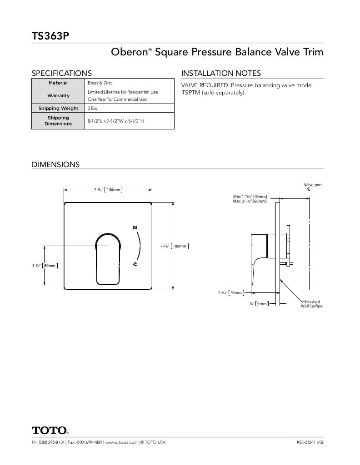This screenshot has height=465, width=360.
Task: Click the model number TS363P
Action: (50, 36)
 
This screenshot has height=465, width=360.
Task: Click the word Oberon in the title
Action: (129, 52)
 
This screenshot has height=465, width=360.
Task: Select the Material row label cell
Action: (58, 83)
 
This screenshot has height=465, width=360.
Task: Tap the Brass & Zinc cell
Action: (100, 83)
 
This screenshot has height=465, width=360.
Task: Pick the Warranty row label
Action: (58, 96)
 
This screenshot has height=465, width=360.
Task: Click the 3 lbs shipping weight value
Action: (92, 109)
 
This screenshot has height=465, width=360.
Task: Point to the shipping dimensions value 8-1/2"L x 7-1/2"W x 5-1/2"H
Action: (116, 121)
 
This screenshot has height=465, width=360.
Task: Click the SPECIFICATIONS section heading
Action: (61, 73)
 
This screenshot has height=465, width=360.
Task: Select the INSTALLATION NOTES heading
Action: (221, 73)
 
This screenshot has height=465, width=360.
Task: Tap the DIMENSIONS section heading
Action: (55, 164)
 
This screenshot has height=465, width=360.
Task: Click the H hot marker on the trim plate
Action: (135, 227)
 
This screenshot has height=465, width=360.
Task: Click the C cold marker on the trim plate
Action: (135, 264)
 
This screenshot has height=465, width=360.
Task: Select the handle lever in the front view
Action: (108, 259)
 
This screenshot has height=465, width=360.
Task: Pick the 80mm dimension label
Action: (50, 266)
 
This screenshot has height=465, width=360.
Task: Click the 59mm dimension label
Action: (235, 293)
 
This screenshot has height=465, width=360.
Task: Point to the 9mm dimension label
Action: (261, 304)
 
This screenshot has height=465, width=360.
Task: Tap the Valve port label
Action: (313, 185)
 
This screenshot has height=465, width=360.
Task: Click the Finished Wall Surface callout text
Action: (312, 304)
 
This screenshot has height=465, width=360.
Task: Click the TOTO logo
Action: (50, 430)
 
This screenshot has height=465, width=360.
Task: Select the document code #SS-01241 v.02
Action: (310, 442)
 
